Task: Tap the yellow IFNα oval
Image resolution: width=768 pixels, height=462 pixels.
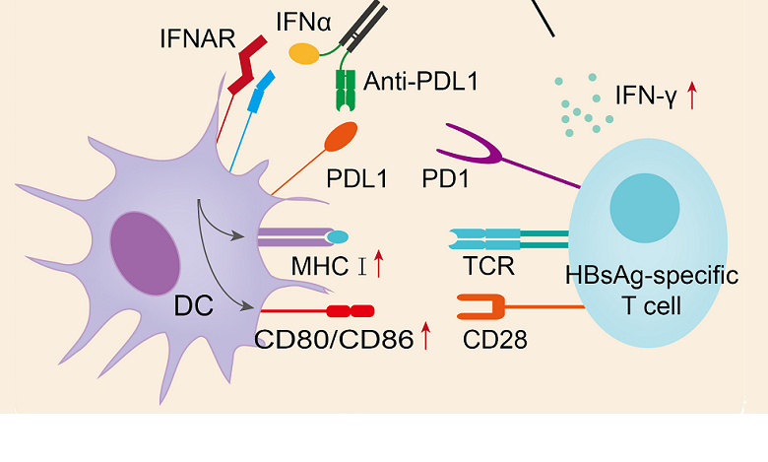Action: coord(303,53)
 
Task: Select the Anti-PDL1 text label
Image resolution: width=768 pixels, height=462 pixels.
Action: coord(420,82)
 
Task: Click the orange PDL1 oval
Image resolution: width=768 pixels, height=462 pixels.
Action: coord(341,137)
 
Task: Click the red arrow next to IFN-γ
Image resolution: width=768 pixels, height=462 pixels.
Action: coord(692,96)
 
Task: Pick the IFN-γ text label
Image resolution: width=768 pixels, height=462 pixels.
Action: coord(645,97)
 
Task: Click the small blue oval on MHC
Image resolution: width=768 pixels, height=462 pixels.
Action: coord(338,236)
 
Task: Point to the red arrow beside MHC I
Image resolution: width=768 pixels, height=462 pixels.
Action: coord(377,263)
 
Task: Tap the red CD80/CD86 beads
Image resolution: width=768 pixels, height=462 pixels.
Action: coord(351,311)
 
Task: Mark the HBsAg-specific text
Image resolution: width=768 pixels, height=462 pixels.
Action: coord(651,277)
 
